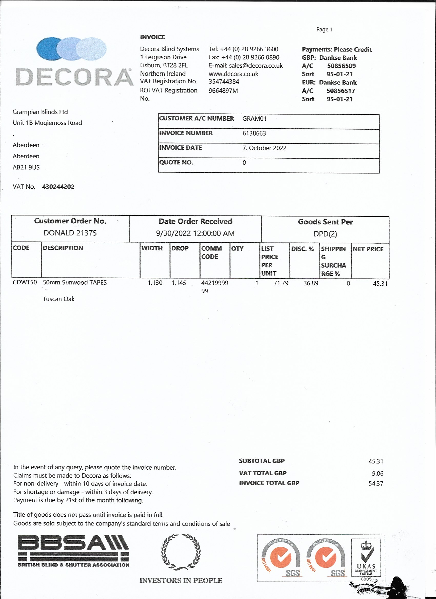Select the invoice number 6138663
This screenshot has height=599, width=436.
click(x=254, y=133)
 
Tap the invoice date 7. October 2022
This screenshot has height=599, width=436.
click(x=264, y=148)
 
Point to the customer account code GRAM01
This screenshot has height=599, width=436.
click(x=254, y=119)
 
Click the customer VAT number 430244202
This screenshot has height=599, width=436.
click(x=58, y=187)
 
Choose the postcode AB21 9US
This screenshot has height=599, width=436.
click(x=26, y=168)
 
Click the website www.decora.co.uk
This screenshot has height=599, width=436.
click(x=233, y=74)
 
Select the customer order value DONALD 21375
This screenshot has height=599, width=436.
click(x=70, y=233)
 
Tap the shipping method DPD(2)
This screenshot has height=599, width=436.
click(x=325, y=234)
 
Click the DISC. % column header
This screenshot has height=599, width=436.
click(x=302, y=249)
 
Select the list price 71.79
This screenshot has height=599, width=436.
click(x=281, y=283)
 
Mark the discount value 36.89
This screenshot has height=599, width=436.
click(x=311, y=283)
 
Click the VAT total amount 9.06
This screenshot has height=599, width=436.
click(x=377, y=473)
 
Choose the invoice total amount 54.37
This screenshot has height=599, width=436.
click(x=376, y=484)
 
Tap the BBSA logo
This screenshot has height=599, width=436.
click(x=74, y=551)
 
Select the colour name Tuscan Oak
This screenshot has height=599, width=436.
click(x=59, y=299)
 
